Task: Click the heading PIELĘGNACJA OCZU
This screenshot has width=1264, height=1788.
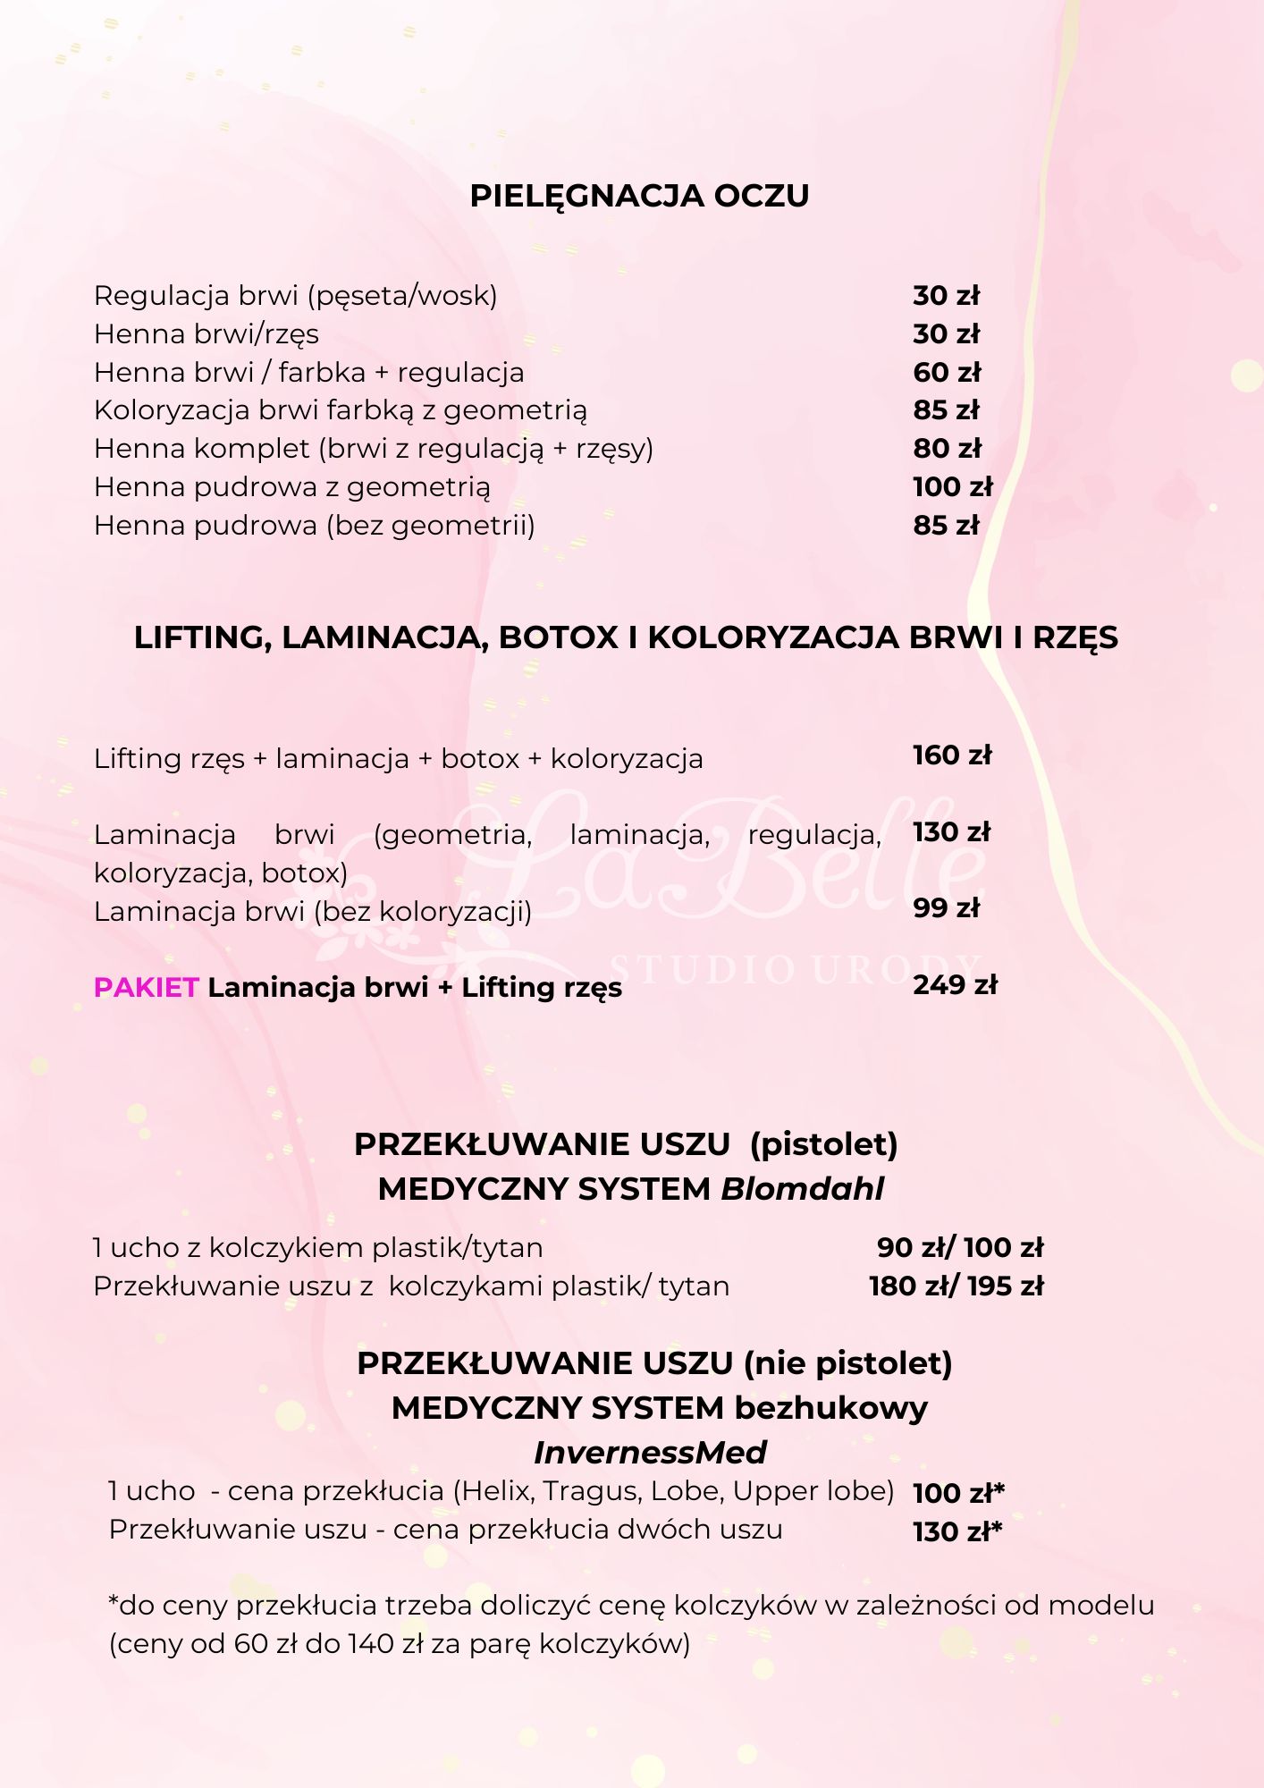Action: (x=639, y=196)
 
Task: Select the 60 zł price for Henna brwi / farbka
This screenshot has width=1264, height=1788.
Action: (x=947, y=372)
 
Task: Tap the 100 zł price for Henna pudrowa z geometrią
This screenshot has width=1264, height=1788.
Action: (x=952, y=486)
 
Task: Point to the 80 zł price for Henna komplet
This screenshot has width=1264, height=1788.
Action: (x=947, y=448)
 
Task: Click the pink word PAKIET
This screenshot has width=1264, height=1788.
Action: (x=146, y=987)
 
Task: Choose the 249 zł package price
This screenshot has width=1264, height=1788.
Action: (x=955, y=985)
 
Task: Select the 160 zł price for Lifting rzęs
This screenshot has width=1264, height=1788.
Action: (x=952, y=755)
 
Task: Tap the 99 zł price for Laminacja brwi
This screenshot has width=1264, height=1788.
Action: (x=946, y=908)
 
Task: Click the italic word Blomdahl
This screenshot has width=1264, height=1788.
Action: (x=802, y=1189)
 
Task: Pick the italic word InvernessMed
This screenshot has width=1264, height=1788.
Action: (x=650, y=1453)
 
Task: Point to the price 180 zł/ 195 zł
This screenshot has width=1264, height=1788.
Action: (x=956, y=1286)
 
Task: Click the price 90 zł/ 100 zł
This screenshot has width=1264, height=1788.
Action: (x=960, y=1247)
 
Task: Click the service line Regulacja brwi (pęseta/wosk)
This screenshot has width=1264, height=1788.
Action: (x=296, y=296)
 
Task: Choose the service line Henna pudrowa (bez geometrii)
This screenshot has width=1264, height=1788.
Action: (x=315, y=526)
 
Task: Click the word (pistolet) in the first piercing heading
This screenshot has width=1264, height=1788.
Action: (x=823, y=1144)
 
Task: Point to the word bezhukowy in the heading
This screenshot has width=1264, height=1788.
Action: (x=830, y=1408)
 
